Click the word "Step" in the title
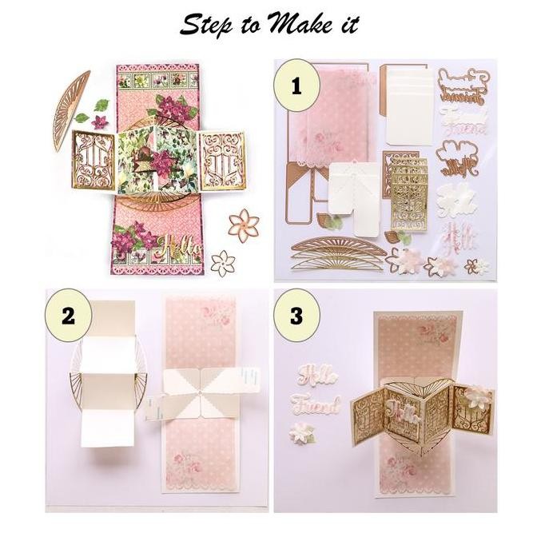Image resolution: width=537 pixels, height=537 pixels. click(204, 25)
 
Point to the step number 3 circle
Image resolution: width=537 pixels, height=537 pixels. click(296, 315)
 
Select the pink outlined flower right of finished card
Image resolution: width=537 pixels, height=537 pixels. click(241, 223)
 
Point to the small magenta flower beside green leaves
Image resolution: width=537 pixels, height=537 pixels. click(100, 122)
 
